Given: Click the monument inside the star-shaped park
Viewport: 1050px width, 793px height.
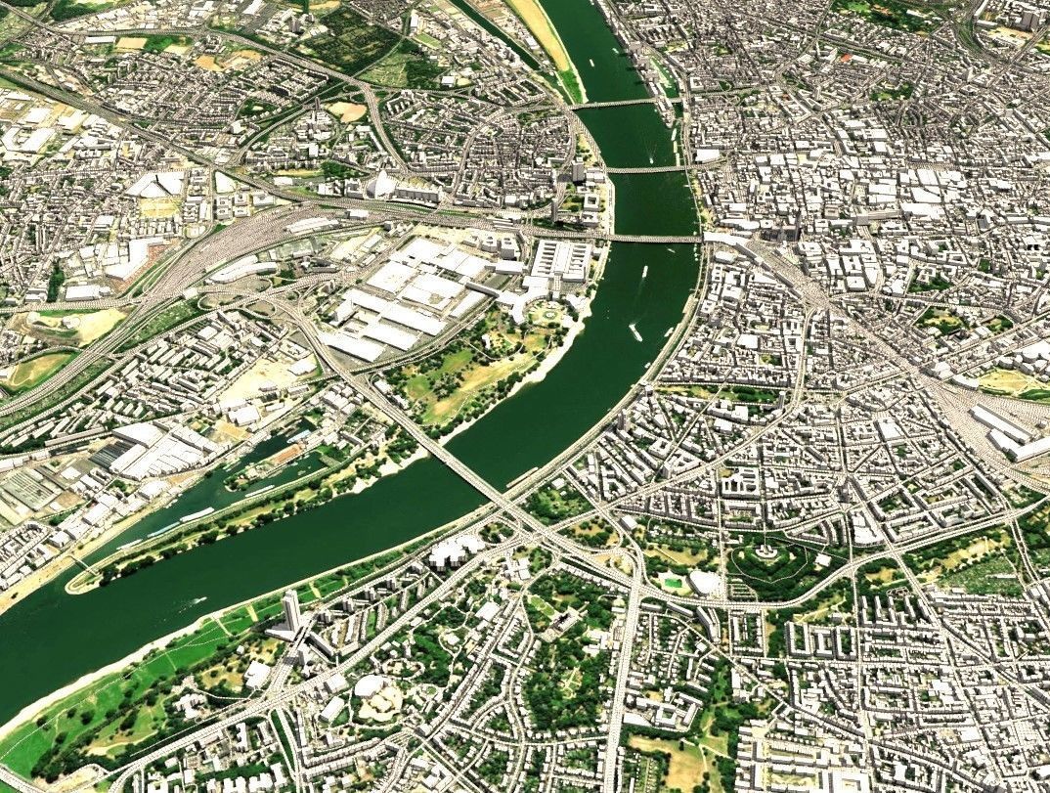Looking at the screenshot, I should pos(766,552).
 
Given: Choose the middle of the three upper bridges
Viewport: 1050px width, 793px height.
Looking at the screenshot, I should pos(646,169).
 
